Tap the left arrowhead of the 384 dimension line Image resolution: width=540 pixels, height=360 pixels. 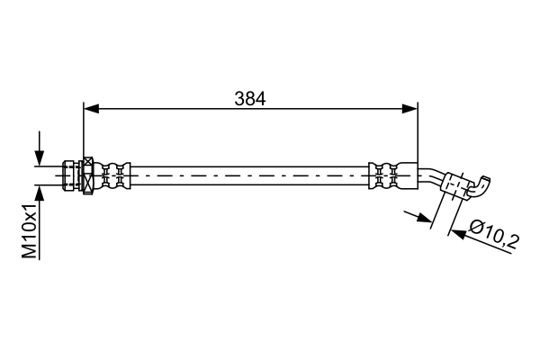[89, 109]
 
